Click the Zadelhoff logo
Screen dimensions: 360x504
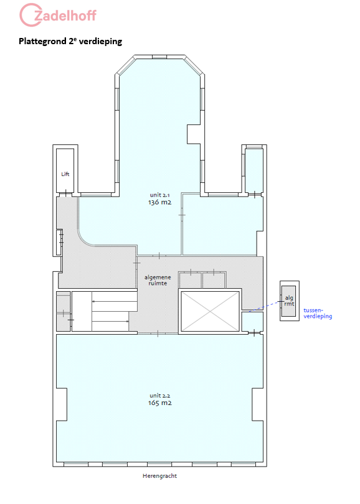coord(58,15)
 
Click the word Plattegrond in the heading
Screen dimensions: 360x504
coord(43,42)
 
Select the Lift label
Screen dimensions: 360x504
coord(65,174)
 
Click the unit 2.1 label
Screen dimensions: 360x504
coord(159,195)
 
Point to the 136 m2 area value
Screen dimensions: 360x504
coord(159,202)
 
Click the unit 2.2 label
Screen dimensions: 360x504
coord(159,396)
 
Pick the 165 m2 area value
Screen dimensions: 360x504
coord(159,403)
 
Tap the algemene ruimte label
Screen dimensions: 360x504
coord(158,280)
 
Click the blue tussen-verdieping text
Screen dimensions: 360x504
coord(318,314)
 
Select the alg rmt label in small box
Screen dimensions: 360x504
coord(289,301)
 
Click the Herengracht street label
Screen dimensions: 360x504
coord(159,476)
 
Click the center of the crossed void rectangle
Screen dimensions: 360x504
coord(210,311)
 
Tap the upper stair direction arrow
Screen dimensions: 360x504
coord(115,302)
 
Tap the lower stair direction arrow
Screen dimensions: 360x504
coord(110,321)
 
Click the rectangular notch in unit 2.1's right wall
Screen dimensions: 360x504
coord(194,134)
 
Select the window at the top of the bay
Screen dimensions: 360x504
coord(159,57)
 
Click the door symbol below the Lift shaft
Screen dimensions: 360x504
coord(66,194)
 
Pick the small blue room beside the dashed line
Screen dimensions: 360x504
coord(252,322)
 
